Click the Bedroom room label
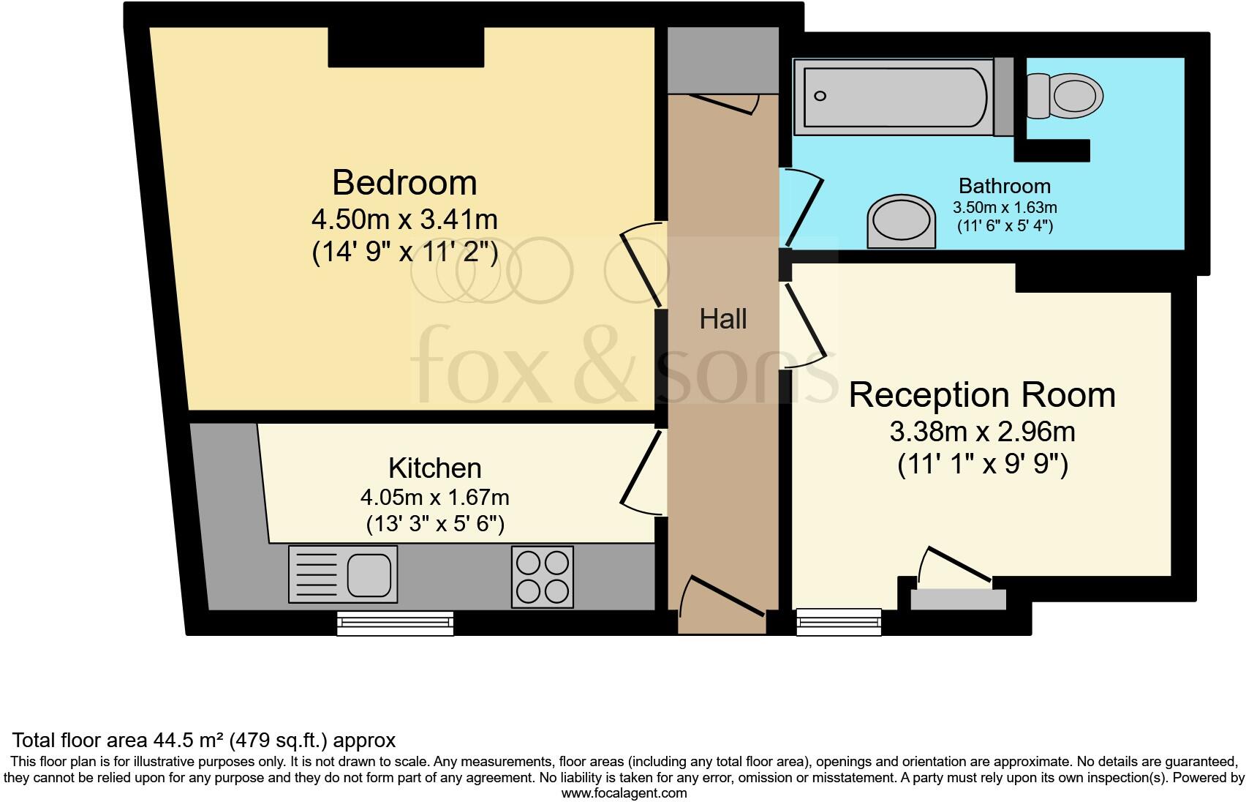click(x=404, y=182)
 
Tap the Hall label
click(x=723, y=319)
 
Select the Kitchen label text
click(x=434, y=468)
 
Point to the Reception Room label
click(x=981, y=395)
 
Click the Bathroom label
click(x=1004, y=186)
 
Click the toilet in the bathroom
click(x=1067, y=96)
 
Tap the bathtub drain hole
click(x=820, y=96)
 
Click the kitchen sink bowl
click(x=369, y=574)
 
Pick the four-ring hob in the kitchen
click(x=542, y=577)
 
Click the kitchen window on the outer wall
click(x=396, y=623)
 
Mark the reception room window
click(x=839, y=622)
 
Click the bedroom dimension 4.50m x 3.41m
click(x=404, y=219)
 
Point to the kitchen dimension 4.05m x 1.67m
click(x=434, y=498)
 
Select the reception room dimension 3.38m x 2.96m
click(x=981, y=432)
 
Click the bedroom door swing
click(x=642, y=265)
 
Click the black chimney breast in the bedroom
click(x=406, y=47)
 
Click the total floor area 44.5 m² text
click(x=204, y=740)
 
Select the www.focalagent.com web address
click(x=623, y=792)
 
